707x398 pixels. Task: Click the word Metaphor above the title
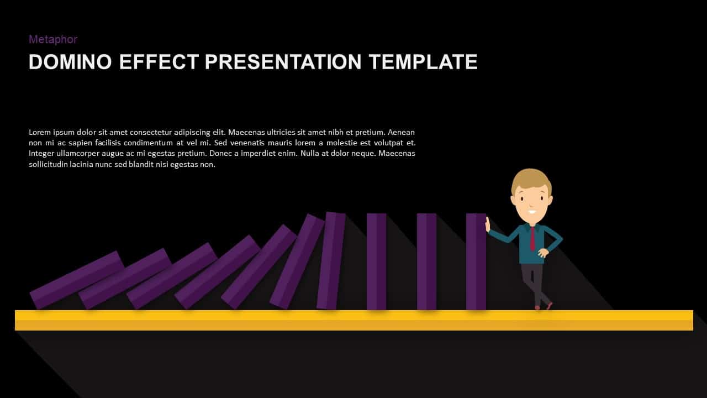(x=52, y=39)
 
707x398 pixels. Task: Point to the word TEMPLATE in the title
(x=424, y=62)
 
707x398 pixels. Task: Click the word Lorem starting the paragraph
(x=40, y=133)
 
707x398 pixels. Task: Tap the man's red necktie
(x=532, y=238)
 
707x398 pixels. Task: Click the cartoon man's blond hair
(x=531, y=179)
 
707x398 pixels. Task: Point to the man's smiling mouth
(x=531, y=211)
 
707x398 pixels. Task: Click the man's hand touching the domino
(x=488, y=224)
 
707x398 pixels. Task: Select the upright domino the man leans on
(x=476, y=261)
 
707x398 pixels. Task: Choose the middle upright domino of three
(x=426, y=261)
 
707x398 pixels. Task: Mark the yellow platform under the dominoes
(x=353, y=320)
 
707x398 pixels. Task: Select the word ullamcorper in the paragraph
(x=81, y=154)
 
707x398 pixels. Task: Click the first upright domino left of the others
(x=376, y=261)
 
